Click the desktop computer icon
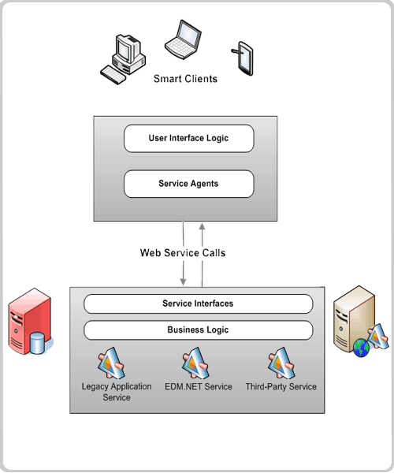[x=123, y=59]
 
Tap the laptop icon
[x=183, y=39]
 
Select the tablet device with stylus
[x=243, y=58]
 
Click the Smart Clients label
[x=185, y=79]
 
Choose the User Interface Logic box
[x=188, y=139]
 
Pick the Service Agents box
[x=188, y=184]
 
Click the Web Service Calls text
[x=183, y=253]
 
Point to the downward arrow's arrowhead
[x=183, y=281]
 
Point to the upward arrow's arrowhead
[x=203, y=226]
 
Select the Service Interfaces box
[x=198, y=304]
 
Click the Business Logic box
[x=198, y=330]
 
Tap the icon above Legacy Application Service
[x=111, y=363]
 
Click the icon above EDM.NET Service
[x=195, y=363]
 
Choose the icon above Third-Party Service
[x=281, y=363]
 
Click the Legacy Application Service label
[x=117, y=392]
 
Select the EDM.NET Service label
[x=199, y=387]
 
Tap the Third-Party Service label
[x=281, y=387]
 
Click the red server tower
[x=29, y=321]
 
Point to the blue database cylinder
[x=38, y=343]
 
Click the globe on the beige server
[x=361, y=348]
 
